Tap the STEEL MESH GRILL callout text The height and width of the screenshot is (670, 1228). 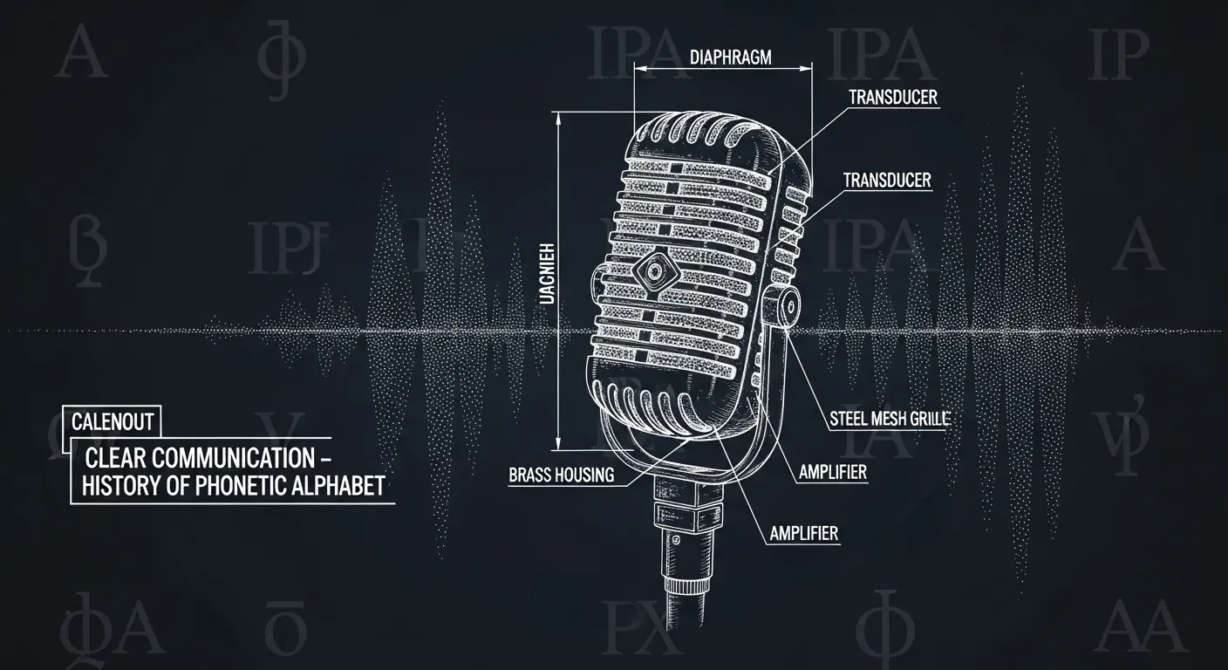tap(886, 419)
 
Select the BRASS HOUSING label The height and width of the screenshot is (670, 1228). tap(561, 475)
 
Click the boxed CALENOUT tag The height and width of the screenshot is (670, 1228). tap(113, 423)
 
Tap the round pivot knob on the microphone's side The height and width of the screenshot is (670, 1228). tap(788, 306)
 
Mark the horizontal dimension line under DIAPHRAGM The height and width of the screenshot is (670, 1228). tap(724, 68)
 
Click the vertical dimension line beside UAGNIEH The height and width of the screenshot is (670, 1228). tap(559, 279)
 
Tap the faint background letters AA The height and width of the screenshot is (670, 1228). tap(1131, 626)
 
